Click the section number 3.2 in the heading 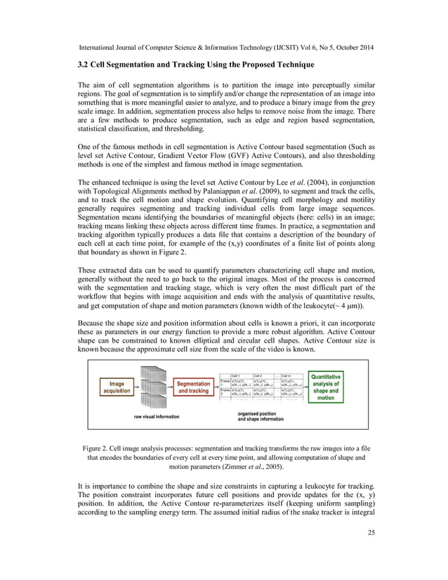(84, 65)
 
